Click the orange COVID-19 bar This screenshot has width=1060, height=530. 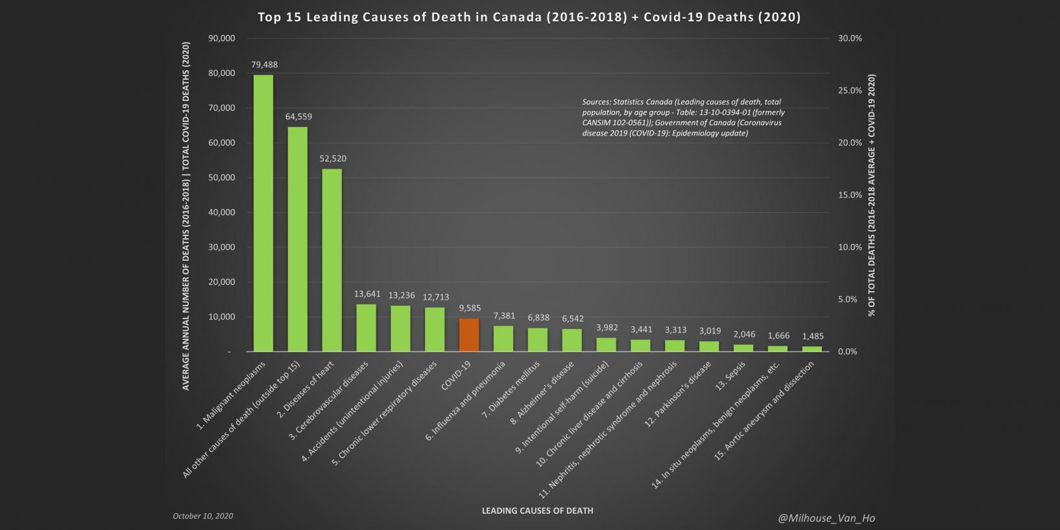tap(469, 335)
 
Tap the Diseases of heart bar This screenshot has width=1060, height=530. tap(331, 259)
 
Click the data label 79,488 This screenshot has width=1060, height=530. tap(264, 65)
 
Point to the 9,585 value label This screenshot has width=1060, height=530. tap(470, 308)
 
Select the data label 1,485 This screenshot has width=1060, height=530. tap(813, 336)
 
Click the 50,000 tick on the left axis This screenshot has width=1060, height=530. tap(221, 178)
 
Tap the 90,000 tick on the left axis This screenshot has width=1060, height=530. tap(221, 38)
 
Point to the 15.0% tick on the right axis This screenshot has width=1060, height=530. tap(850, 195)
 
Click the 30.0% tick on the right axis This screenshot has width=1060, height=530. tap(850, 38)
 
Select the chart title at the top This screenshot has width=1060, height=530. tap(529, 18)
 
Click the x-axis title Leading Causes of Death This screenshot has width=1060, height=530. tap(537, 511)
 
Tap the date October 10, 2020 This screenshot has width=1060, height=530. tap(202, 516)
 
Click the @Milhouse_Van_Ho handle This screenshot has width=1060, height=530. tap(826, 518)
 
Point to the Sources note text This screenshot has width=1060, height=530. tap(682, 117)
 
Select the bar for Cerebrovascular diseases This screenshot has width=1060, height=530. tap(366, 328)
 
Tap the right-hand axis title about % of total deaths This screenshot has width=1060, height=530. tap(871, 195)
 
